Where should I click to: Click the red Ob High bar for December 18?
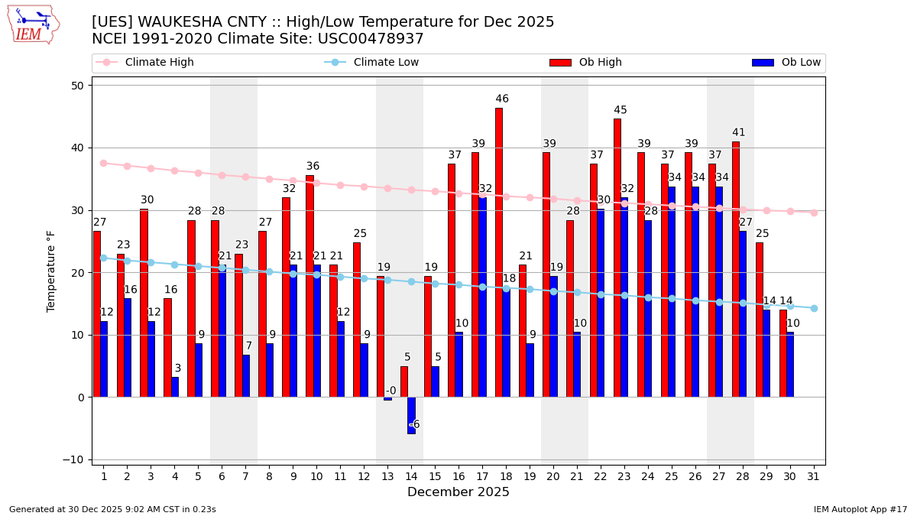[499, 252]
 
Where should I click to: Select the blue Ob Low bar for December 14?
[411, 415]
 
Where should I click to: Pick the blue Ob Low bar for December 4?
[175, 387]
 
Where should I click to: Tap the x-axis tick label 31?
[814, 476]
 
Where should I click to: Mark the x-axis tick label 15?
[435, 476]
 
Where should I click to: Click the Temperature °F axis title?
[52, 271]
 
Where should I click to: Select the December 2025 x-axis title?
[458, 492]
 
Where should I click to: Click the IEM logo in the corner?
[33, 24]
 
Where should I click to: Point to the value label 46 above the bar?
[502, 99]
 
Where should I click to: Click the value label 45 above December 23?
[621, 110]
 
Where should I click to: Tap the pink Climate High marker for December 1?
[103, 163]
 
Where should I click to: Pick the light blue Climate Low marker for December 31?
[814, 308]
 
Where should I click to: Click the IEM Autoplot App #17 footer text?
[860, 509]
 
